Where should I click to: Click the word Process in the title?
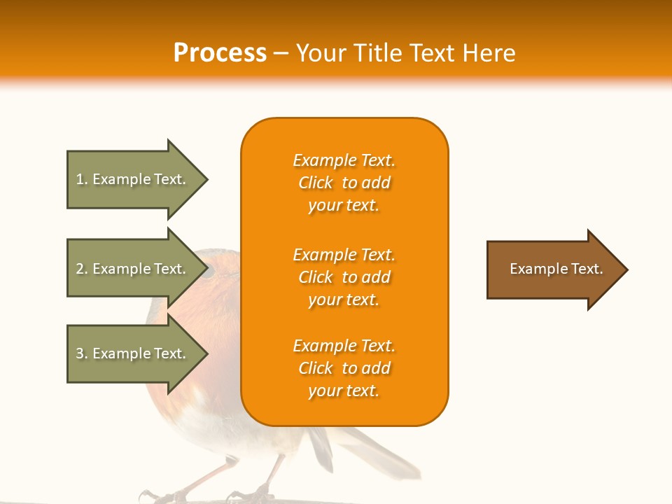(220, 53)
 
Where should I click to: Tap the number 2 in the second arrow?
(80, 269)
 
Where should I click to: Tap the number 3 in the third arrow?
(80, 353)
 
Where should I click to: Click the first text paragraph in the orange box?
(344, 183)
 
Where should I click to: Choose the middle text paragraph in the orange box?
(344, 277)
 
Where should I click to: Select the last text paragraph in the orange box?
(344, 368)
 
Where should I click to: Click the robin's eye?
(208, 271)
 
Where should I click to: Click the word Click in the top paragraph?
(316, 183)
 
